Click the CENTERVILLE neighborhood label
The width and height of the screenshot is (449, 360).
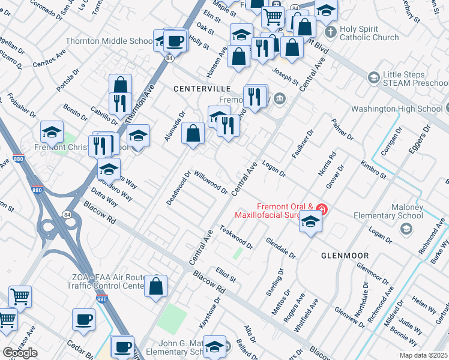coord(202,88)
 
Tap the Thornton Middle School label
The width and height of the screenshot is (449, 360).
coord(109,41)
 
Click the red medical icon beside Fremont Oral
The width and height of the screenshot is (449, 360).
coord(322,209)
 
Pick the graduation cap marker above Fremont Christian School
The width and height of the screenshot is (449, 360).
coord(52,131)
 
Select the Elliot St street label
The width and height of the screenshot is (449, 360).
coord(226,275)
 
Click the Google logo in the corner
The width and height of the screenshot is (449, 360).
coord(20,352)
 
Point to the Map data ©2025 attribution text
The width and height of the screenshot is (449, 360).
coord(423,355)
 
